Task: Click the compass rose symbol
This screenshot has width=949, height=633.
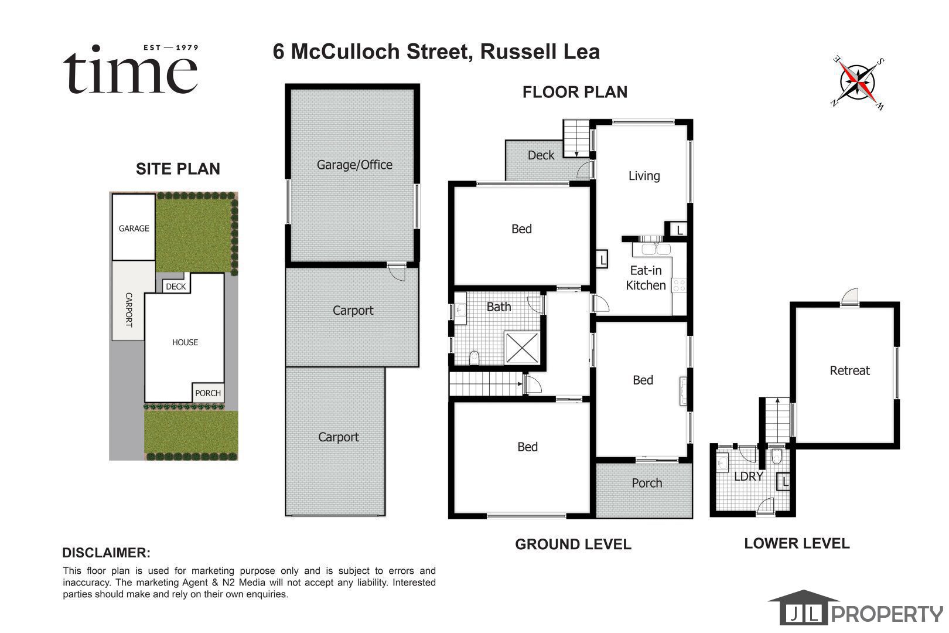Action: point(858,83)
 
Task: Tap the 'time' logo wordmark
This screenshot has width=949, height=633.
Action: point(131,70)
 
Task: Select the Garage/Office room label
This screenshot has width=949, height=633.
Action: point(354,165)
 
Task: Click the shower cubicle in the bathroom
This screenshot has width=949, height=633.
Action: point(522,348)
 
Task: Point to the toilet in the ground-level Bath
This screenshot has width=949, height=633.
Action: point(474,358)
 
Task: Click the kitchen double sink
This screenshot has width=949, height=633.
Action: point(656,249)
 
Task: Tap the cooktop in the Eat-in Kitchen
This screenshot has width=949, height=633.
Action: point(679,285)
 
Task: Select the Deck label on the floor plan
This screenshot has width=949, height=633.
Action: point(541,155)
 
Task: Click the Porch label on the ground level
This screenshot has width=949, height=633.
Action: point(647,483)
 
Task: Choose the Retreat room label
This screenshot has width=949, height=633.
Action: point(849,370)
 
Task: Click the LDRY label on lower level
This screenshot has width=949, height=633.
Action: point(748,477)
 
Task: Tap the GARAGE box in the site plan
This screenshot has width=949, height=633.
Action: point(134,227)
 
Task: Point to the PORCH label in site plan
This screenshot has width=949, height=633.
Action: point(207,393)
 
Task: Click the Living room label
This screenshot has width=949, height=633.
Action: point(644,175)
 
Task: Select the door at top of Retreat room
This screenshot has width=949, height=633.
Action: point(849,297)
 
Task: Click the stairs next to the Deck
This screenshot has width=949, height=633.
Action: point(576,139)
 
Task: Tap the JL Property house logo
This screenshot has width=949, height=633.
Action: point(803,607)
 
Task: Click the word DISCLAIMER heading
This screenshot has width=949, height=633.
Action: point(107,553)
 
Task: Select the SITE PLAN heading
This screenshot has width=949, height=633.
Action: point(178,169)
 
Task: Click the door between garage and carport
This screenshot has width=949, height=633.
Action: point(397,272)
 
